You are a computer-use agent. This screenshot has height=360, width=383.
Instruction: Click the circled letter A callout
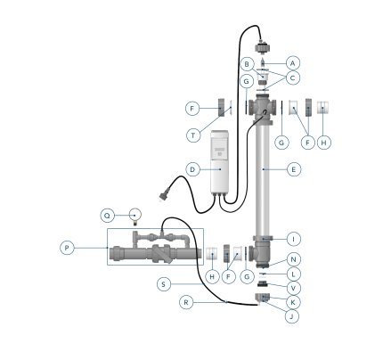click(293, 63)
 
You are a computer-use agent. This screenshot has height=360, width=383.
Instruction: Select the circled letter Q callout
click(108, 216)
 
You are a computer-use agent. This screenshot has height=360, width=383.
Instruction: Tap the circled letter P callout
click(67, 248)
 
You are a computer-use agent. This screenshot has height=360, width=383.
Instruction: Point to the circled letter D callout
click(192, 169)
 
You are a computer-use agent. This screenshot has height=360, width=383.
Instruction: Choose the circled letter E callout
click(294, 169)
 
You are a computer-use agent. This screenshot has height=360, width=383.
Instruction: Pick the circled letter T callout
click(193, 135)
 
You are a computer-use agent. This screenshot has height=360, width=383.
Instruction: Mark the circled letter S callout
click(164, 284)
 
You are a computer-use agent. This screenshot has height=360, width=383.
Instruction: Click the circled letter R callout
click(186, 302)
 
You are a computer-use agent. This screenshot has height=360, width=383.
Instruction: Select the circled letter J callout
click(291, 316)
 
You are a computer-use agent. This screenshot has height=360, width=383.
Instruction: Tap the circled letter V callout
click(294, 288)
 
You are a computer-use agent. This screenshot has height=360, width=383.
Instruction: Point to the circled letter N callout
click(294, 259)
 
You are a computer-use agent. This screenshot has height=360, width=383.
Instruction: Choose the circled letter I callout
click(294, 239)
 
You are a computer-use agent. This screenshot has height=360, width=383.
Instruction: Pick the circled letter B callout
click(247, 64)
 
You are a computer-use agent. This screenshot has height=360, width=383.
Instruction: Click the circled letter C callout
click(293, 78)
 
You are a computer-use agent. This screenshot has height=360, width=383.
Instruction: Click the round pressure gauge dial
click(135, 214)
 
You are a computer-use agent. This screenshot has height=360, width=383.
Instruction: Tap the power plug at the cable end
click(162, 197)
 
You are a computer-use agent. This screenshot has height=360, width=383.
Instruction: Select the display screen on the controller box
click(220, 150)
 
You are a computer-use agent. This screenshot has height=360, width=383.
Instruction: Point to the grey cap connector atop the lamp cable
click(263, 47)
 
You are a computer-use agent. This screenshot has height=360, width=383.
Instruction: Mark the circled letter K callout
click(293, 302)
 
